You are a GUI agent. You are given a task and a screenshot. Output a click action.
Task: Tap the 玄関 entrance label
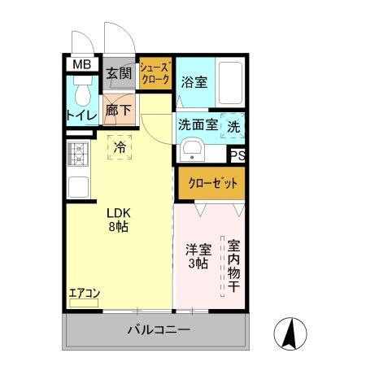click(x=118, y=74)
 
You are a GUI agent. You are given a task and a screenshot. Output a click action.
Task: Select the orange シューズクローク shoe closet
click(x=154, y=74)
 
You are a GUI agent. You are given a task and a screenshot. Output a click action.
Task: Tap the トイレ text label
click(x=81, y=116)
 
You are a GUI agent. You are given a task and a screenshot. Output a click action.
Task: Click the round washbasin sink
click(x=192, y=151)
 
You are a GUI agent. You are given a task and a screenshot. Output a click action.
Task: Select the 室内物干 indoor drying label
click(x=233, y=266)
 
